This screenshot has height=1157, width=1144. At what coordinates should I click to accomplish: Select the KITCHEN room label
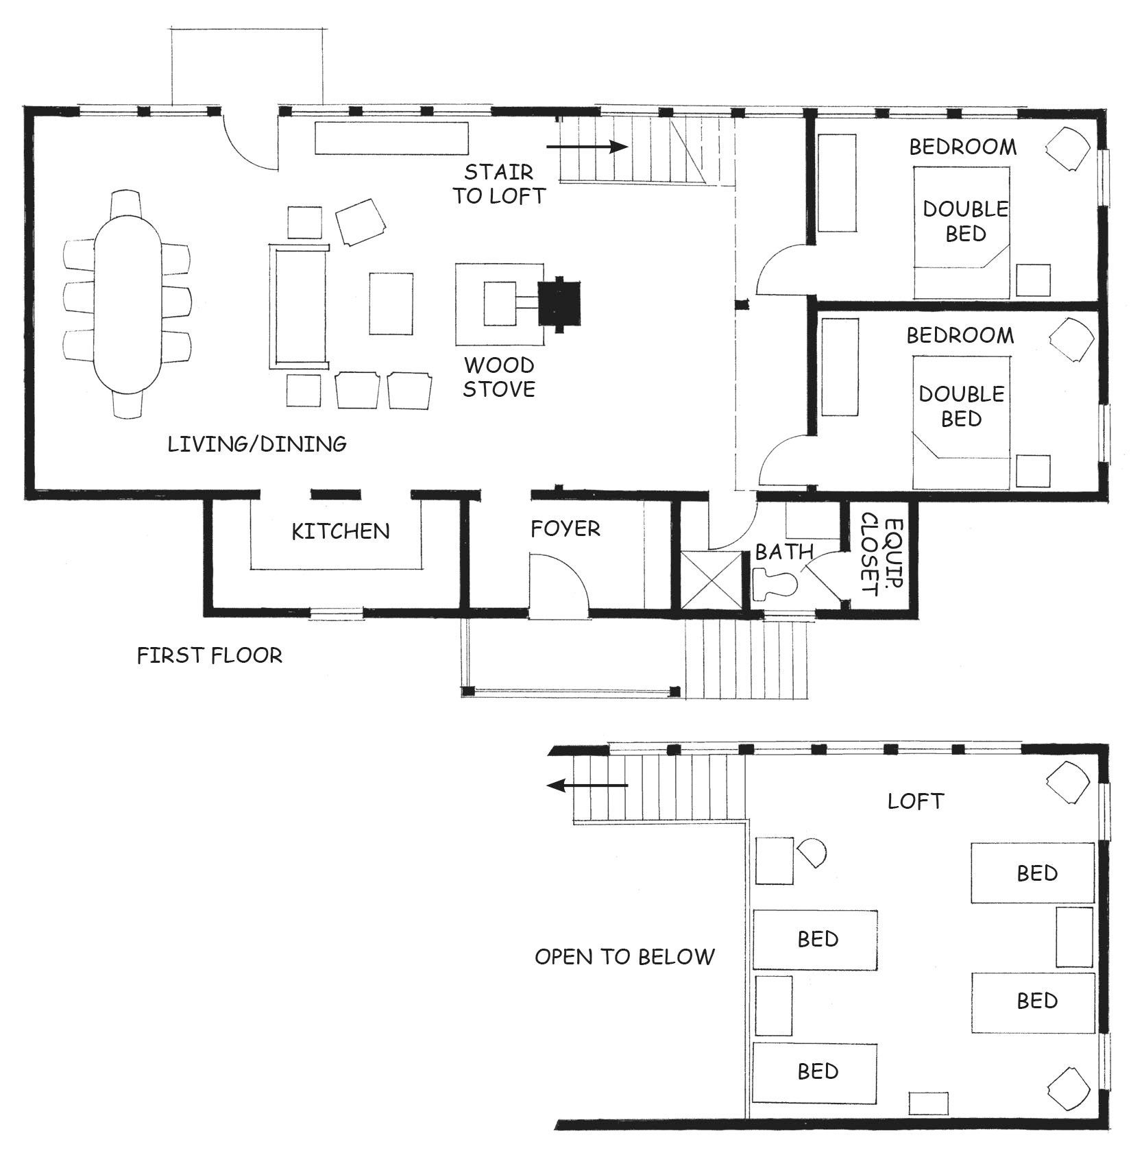coord(341,531)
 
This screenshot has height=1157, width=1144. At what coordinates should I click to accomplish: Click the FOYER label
coord(565,528)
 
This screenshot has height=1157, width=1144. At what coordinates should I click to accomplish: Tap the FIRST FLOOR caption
coord(210,656)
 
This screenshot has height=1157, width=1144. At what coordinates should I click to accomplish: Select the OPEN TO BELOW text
coord(624,956)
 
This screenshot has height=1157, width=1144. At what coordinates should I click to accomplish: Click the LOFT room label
coord(916,801)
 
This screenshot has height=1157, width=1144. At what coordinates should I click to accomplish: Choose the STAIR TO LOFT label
coord(498,184)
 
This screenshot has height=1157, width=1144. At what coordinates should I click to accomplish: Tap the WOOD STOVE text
coord(499,377)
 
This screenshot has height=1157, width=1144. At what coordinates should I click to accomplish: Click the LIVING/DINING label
coord(257,444)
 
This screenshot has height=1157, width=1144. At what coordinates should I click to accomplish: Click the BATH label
coord(784,552)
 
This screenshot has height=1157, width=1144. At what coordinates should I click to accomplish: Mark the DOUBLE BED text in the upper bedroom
coord(965,221)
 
